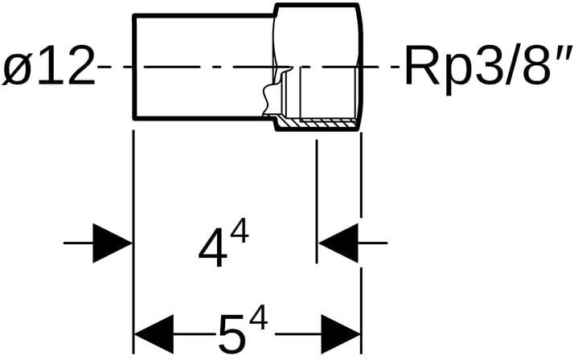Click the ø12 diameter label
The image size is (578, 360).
click(48, 67)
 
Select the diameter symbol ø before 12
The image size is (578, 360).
click(17, 69)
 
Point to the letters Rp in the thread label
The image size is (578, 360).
click(431, 67)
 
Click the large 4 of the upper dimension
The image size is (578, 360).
click(211, 248)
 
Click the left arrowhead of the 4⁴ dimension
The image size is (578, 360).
click(112, 242)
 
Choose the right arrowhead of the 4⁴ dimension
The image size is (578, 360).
click(338, 242)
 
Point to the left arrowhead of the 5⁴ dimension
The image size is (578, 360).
click(154, 333)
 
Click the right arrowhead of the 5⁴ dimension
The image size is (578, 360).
click(341, 333)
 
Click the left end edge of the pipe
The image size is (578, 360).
click(133, 67)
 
